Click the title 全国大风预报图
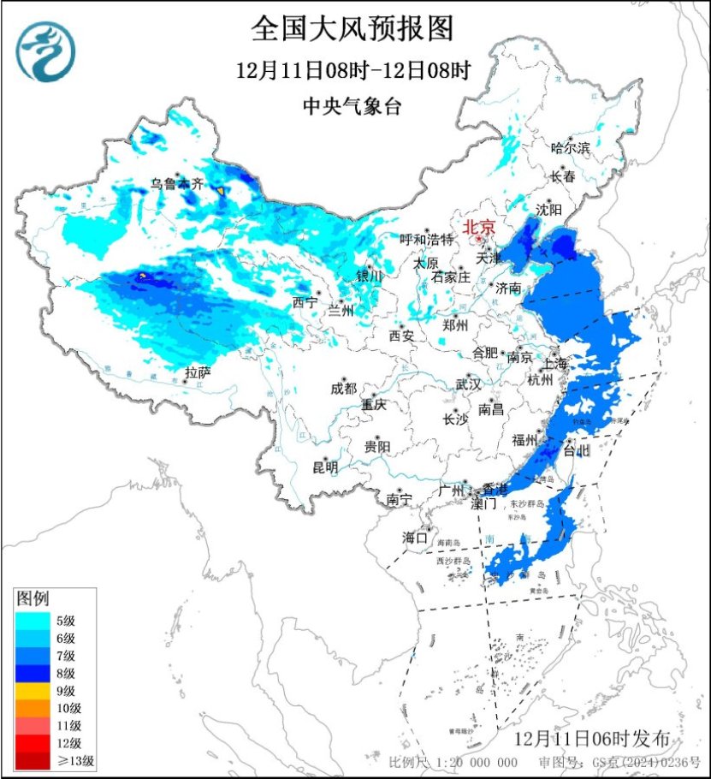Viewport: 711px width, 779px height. coord(352,29)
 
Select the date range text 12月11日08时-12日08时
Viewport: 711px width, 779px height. coord(353,70)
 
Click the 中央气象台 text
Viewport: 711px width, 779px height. coord(352,106)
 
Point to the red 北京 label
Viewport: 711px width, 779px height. coord(478,228)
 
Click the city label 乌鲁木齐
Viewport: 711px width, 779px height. coord(178,183)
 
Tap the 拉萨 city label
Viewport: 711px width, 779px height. coord(198,372)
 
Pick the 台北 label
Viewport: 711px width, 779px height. coord(576,450)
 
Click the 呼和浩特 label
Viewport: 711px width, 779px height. coord(430,240)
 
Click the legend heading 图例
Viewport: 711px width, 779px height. coord(33,597)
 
